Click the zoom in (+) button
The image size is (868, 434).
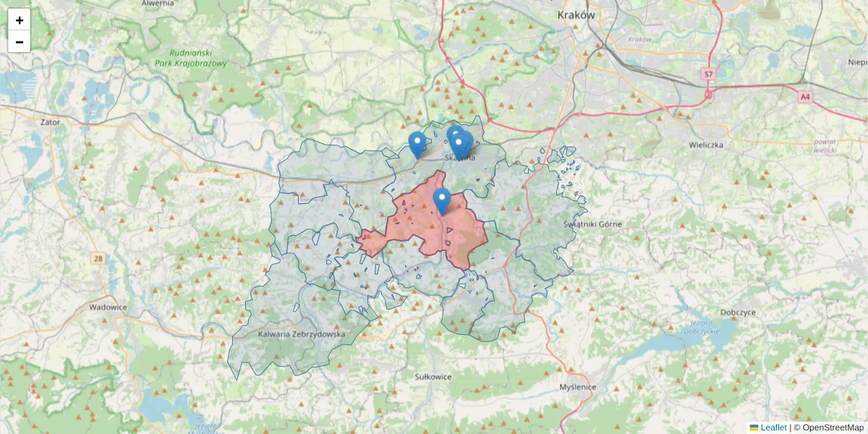click(20, 20)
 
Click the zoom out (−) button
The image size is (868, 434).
click(20, 42)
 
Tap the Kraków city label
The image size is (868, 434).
click(576, 14)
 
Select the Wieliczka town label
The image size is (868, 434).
click(706, 145)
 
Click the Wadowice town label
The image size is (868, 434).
click(108, 307)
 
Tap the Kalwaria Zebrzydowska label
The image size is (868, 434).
click(302, 334)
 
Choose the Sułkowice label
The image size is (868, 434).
click(433, 377)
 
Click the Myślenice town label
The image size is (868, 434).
click(578, 387)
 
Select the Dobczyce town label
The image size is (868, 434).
click(738, 312)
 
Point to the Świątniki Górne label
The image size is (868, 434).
click(592, 224)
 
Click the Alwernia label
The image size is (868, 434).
click(158, 4)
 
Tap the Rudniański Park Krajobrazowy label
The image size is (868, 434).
click(190, 58)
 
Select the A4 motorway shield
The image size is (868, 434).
click(805, 95)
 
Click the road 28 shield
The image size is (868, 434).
click(98, 258)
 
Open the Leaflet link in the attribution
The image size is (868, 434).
click(773, 427)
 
